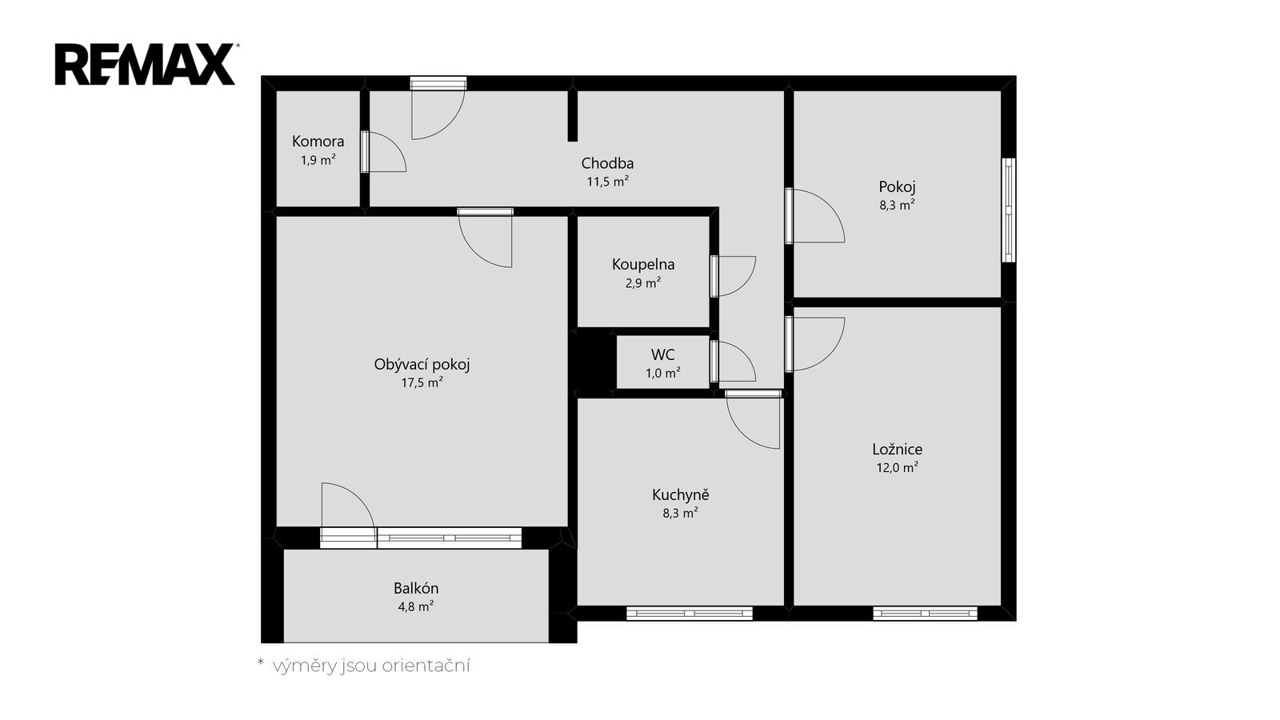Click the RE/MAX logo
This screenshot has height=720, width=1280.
pos(146,64)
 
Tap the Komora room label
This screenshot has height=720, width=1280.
pos(318,141)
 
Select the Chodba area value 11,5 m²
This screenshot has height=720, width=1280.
pos(607,182)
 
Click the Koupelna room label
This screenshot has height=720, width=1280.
pos(643,265)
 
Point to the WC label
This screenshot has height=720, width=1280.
pos(663,355)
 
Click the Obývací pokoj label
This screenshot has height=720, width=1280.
pos(422,365)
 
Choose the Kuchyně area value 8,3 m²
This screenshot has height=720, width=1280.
pos(680,513)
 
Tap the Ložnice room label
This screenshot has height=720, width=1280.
pos(897,449)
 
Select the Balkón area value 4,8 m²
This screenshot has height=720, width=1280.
pos(415,606)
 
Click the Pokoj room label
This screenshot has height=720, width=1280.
pos(897,187)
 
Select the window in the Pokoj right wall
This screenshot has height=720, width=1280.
pos(1009,210)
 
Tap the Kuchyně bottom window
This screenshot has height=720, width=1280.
pos(689,614)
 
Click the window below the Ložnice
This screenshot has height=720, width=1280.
pos(925,614)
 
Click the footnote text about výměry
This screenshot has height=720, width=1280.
pos(364,666)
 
